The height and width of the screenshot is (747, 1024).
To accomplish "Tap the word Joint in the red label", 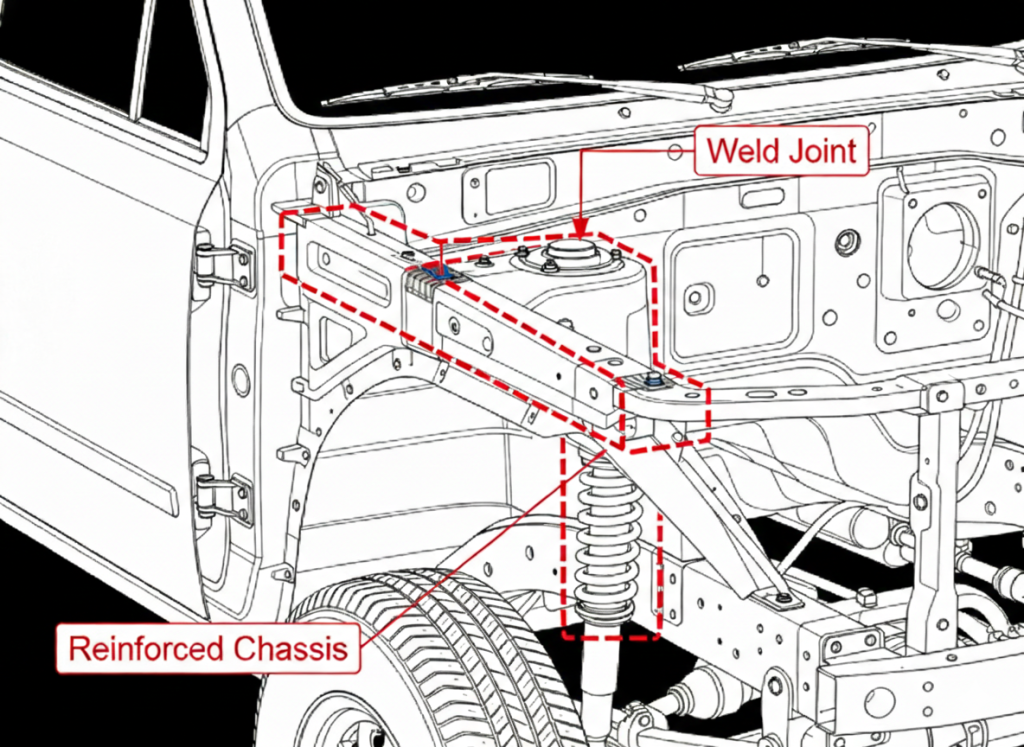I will [821, 152].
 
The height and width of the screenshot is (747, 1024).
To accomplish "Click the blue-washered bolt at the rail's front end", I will [651, 381].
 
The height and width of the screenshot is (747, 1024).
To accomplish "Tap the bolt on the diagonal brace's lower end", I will [783, 599].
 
